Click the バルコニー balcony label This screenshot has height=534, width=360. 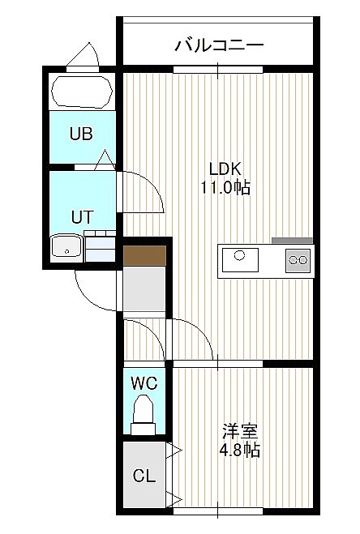[219, 45]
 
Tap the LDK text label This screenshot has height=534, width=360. [225, 169]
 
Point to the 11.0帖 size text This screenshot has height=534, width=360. [225, 187]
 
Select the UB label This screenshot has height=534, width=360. [81, 134]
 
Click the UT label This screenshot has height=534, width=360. [82, 217]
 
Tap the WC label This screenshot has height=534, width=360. [144, 383]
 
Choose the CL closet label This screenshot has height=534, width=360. [144, 476]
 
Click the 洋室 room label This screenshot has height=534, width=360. [240, 431]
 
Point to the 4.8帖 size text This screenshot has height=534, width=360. [240, 451]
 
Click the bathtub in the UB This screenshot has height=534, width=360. [82, 92]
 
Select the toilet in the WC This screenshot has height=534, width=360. [144, 414]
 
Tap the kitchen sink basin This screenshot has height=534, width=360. [240, 260]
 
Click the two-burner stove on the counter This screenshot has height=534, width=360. [298, 260]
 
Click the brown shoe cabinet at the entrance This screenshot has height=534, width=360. [144, 255]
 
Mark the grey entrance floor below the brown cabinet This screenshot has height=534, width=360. [144, 288]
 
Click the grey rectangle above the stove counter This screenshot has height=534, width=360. [292, 241]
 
